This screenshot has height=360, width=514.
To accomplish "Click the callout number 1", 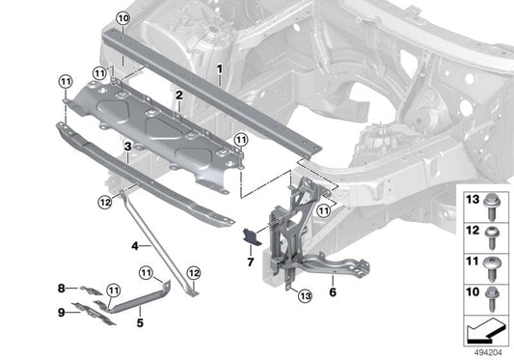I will pyautogui.click(x=220, y=69).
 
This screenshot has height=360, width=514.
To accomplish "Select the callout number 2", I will pyautogui.click(x=179, y=94).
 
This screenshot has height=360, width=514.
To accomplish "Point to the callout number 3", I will pyautogui.click(x=127, y=146).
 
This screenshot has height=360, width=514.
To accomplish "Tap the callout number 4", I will pyautogui.click(x=136, y=246).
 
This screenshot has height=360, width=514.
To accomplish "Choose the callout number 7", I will pyautogui.click(x=249, y=262).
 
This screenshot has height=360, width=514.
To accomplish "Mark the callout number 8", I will pyautogui.click(x=61, y=288).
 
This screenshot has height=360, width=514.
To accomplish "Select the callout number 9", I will pyautogui.click(x=61, y=311).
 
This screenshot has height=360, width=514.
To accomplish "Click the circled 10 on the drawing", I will pyautogui.click(x=122, y=18).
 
